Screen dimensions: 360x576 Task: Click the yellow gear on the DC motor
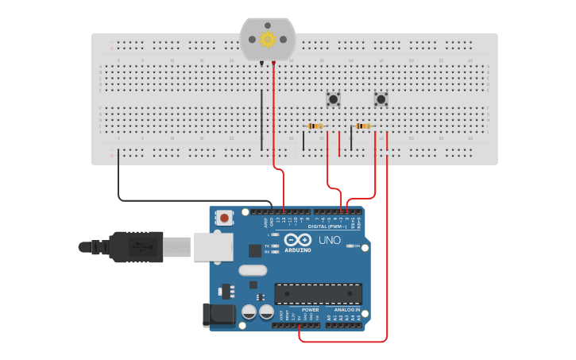(x=268, y=39)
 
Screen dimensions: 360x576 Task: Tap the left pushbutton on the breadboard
(x=334, y=99)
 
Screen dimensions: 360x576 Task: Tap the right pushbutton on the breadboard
(x=381, y=99)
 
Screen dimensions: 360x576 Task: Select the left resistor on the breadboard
(x=315, y=126)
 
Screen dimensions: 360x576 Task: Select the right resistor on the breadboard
(x=363, y=126)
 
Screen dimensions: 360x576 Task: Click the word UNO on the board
(x=330, y=240)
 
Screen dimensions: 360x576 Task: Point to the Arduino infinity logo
(x=298, y=240)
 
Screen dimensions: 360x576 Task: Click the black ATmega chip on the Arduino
(x=318, y=293)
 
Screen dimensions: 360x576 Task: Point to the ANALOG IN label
(x=346, y=310)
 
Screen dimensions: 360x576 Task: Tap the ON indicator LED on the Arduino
(x=350, y=246)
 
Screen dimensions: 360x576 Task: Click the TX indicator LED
(x=274, y=246)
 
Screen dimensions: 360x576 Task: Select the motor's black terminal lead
(x=261, y=62)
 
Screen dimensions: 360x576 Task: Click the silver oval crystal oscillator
(x=253, y=270)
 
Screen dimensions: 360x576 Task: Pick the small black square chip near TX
(x=255, y=250)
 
